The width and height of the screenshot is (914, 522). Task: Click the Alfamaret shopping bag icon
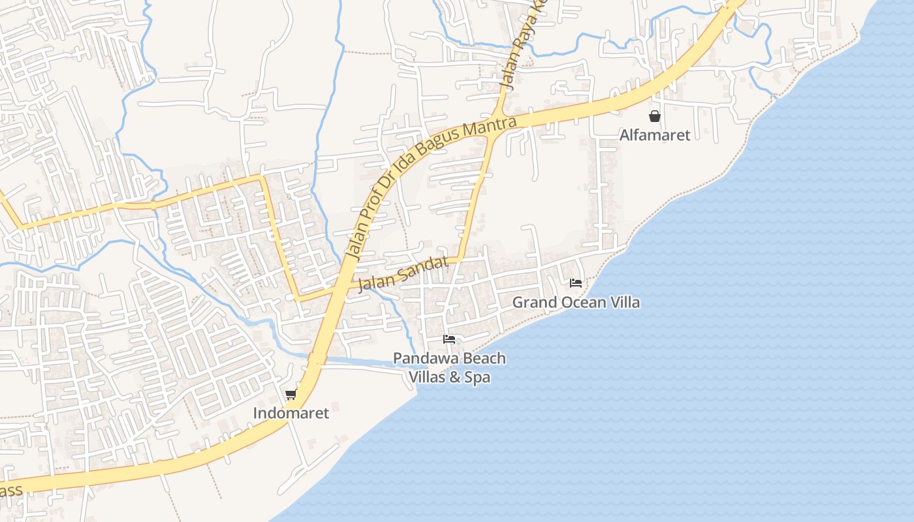click(655, 117)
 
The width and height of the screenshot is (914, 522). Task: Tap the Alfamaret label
click(655, 136)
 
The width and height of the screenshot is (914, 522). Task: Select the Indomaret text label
click(291, 413)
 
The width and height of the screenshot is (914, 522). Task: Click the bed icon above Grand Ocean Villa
click(576, 283)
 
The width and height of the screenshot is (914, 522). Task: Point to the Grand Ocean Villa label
click(576, 303)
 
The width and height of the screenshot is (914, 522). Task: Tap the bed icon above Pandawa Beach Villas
click(449, 339)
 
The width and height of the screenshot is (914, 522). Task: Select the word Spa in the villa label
click(477, 377)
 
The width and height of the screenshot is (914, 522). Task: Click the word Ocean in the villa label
click(574, 303)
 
